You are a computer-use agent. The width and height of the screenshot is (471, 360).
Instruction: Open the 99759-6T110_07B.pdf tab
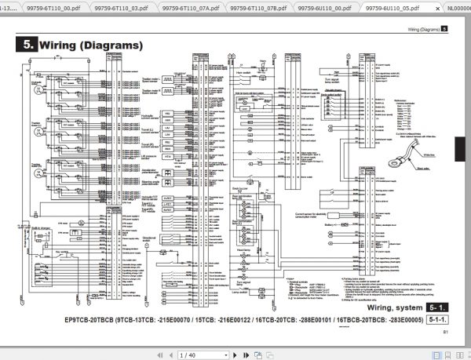257,6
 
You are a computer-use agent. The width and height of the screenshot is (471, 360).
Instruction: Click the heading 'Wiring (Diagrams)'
91,45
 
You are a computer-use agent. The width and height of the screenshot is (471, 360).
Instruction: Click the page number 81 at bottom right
445,333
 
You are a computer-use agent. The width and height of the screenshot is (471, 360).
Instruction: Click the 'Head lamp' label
244,249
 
